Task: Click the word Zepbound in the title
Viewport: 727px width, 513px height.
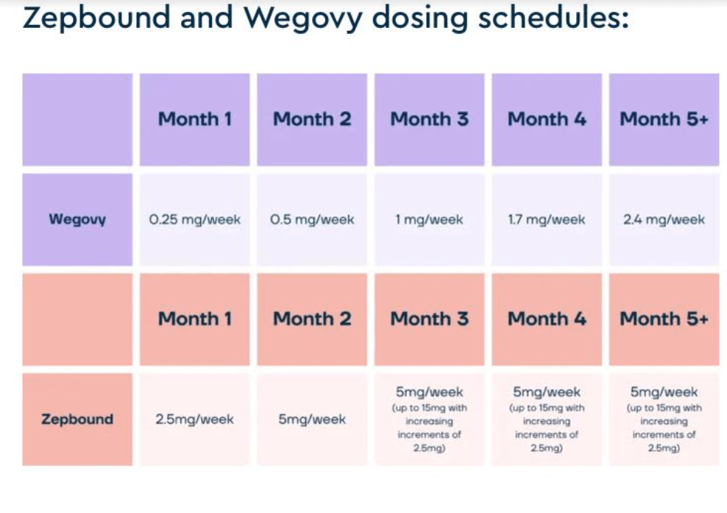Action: pyautogui.click(x=96, y=18)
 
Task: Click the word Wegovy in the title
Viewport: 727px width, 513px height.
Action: pyautogui.click(x=303, y=18)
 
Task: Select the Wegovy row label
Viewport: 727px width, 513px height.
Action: pyautogui.click(x=77, y=219)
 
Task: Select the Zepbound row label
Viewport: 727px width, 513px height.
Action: pyautogui.click(x=77, y=420)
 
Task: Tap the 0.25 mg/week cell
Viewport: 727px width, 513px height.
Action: pyautogui.click(x=195, y=219)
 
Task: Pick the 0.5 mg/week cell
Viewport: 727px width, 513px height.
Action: pyautogui.click(x=312, y=219)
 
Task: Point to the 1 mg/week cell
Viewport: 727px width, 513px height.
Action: pyautogui.click(x=429, y=219)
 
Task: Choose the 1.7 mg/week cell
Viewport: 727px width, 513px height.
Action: pyautogui.click(x=547, y=219)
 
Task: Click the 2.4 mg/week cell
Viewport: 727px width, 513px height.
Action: pyautogui.click(x=664, y=219)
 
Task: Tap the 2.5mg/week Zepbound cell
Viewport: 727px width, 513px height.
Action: pyautogui.click(x=195, y=420)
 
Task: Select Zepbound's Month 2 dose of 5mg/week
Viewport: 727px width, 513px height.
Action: pyautogui.click(x=312, y=420)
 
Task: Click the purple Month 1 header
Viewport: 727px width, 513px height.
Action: pyautogui.click(x=195, y=119)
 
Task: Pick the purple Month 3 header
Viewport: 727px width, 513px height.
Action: pyautogui.click(x=429, y=119)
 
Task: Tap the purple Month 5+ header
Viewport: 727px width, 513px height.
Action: pyautogui.click(x=664, y=119)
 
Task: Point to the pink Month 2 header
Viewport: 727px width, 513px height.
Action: pyautogui.click(x=312, y=319)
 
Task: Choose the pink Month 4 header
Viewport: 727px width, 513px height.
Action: pyautogui.click(x=547, y=319)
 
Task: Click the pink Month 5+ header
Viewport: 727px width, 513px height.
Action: pyautogui.click(x=664, y=319)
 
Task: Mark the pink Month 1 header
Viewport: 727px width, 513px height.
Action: pyautogui.click(x=195, y=319)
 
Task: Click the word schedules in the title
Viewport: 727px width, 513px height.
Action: pyautogui.click(x=553, y=17)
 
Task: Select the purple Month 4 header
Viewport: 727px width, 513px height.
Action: pyautogui.click(x=547, y=119)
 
